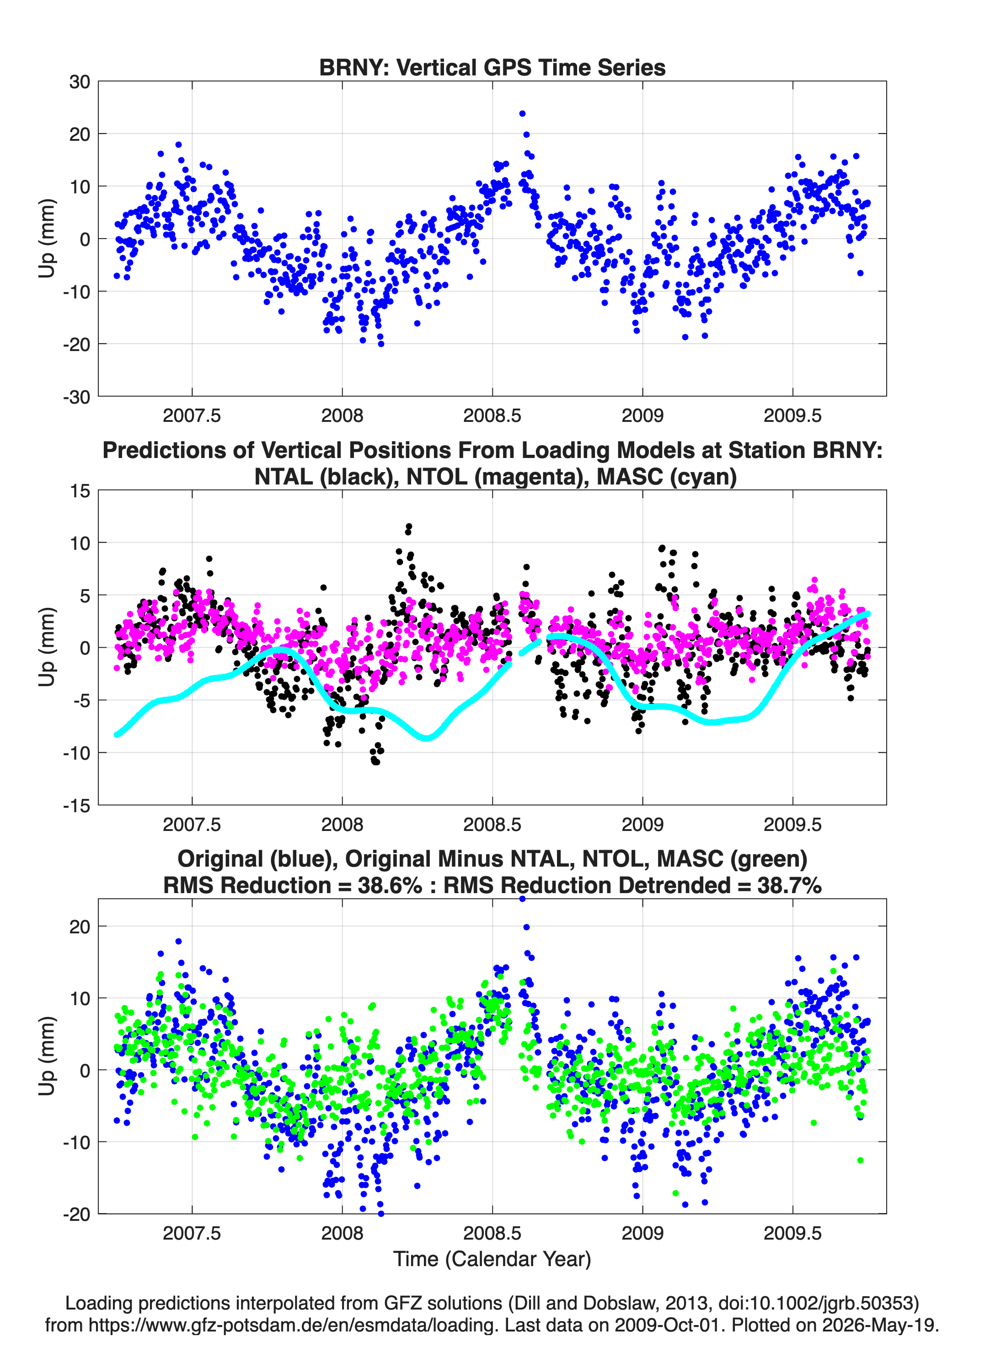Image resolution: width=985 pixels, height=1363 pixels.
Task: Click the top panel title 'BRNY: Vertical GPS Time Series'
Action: pyautogui.click(x=492, y=67)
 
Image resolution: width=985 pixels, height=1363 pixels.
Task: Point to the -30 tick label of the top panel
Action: pyautogui.click(x=76, y=397)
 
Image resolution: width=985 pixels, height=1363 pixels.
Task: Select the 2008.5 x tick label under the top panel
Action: pyautogui.click(x=492, y=415)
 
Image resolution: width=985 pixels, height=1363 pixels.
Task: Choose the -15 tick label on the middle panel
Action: pyautogui.click(x=76, y=805)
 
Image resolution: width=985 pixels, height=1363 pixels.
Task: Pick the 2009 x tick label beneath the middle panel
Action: pyautogui.click(x=642, y=824)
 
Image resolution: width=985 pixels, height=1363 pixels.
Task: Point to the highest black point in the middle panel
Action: pyautogui.click(x=409, y=527)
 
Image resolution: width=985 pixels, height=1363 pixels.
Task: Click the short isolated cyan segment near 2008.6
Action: pyautogui.click(x=530, y=647)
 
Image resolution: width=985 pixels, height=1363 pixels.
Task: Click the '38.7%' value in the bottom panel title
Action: pyautogui.click(x=789, y=885)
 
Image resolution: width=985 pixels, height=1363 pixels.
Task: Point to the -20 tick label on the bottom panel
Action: pyautogui.click(x=76, y=1214)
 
